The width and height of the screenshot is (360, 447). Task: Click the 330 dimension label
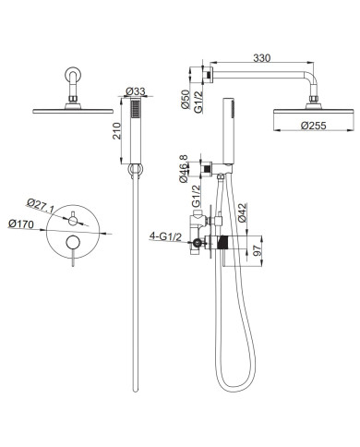point(262,58)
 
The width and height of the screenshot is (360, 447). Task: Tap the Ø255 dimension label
point(313,126)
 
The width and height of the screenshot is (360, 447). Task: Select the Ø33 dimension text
point(136,91)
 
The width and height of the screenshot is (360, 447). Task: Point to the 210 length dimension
point(116,131)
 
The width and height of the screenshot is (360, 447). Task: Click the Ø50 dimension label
point(186,99)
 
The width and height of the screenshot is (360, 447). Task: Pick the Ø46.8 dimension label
point(184,169)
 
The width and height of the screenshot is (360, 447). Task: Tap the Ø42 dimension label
point(242,212)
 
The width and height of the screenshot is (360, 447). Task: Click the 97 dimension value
point(258,250)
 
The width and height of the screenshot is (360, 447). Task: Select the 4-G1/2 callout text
point(165,236)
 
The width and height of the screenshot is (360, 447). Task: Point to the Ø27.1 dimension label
point(41,205)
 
